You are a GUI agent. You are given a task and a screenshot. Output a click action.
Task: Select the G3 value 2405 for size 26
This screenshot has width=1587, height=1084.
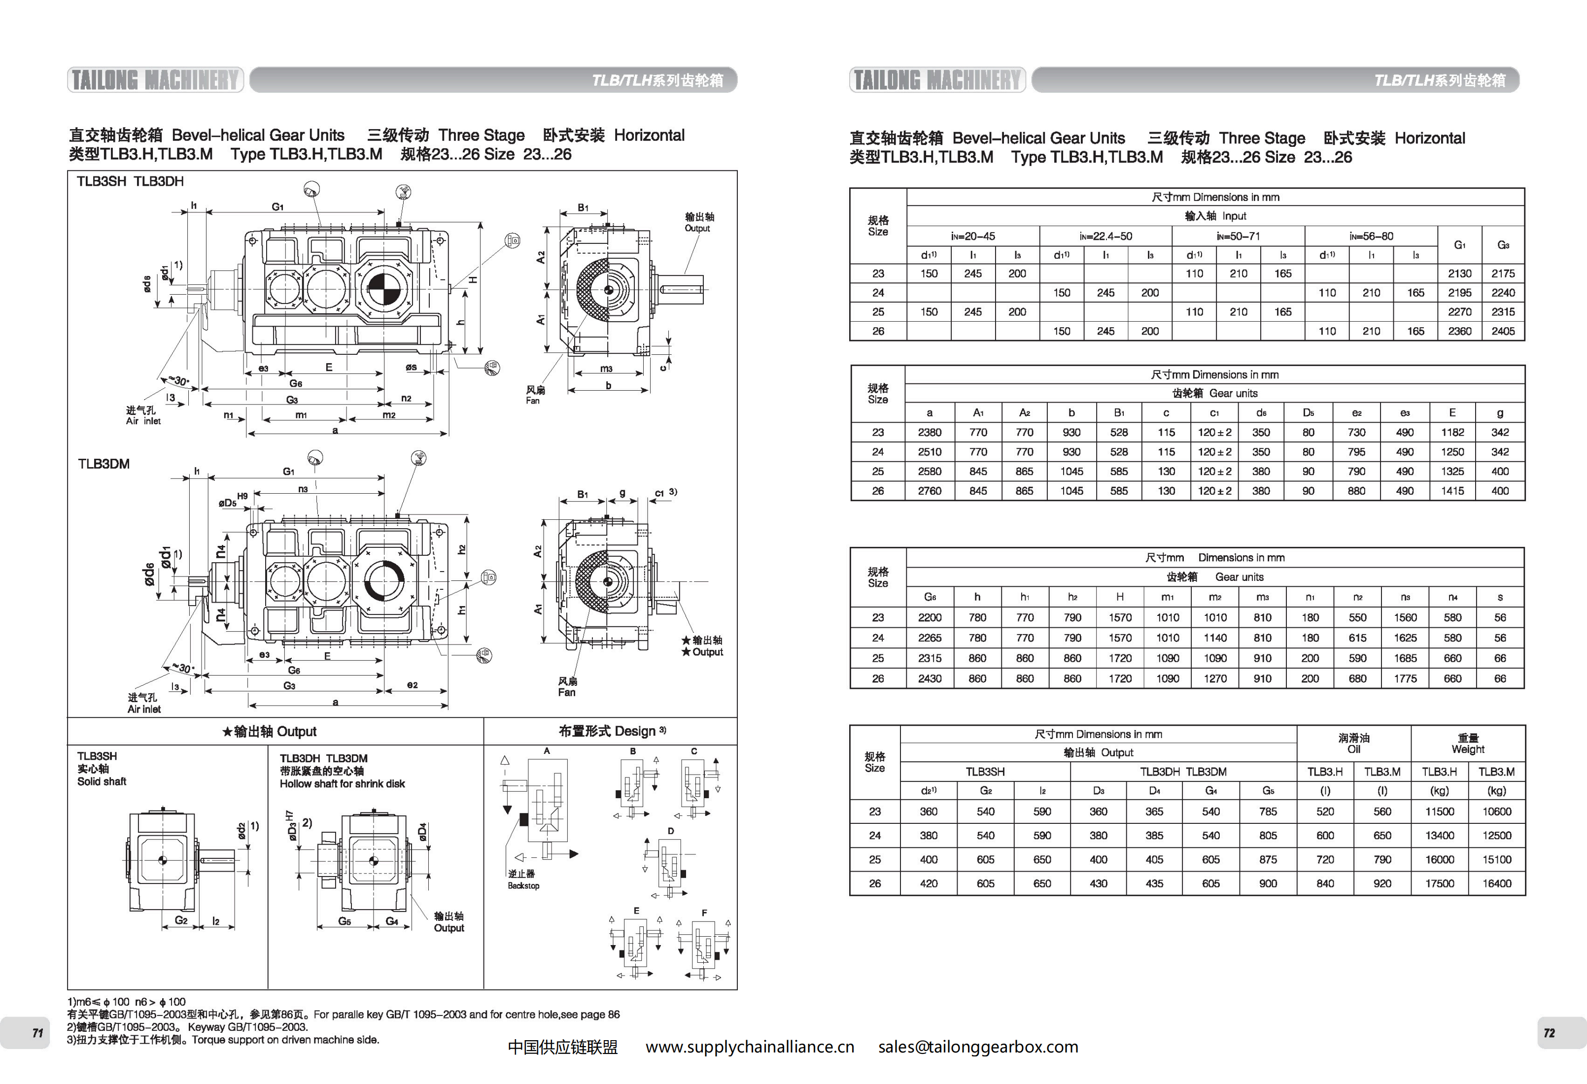coord(1503,331)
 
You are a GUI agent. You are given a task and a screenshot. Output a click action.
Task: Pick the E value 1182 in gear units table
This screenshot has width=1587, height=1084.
coord(1452,432)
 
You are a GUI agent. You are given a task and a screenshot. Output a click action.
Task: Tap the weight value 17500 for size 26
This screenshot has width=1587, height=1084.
coord(1440,883)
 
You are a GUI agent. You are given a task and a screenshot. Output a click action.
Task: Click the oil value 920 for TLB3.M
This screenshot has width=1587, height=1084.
coord(1382,883)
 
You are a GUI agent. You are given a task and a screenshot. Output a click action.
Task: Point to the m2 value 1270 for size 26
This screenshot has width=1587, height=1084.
coord(1215,678)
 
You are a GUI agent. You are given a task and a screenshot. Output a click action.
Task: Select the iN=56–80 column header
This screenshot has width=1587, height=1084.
coord(1371,236)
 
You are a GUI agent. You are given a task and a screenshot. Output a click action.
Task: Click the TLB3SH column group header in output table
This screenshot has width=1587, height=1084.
coord(985,771)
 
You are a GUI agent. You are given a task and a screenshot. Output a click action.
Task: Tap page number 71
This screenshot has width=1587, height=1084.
coord(37,1033)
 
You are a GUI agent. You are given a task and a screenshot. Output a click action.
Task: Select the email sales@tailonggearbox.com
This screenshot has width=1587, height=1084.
coord(978,1047)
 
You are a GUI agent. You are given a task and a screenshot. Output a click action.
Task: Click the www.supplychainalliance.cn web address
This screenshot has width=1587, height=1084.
coord(750,1047)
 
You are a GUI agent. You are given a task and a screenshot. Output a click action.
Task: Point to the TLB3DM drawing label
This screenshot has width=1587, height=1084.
coord(104,464)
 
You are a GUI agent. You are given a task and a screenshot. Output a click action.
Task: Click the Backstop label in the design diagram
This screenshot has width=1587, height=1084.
coord(523,886)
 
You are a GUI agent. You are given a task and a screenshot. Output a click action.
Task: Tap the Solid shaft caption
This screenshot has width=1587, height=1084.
coord(102,781)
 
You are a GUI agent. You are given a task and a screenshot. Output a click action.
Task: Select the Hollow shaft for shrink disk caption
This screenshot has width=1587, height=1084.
coord(342,783)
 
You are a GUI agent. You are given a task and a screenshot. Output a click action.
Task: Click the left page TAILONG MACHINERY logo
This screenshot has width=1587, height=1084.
coord(156,80)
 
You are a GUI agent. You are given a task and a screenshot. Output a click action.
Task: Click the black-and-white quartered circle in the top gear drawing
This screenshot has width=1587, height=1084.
coord(382,289)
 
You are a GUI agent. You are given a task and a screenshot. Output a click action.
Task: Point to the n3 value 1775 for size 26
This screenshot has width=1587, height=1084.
coord(1405,678)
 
